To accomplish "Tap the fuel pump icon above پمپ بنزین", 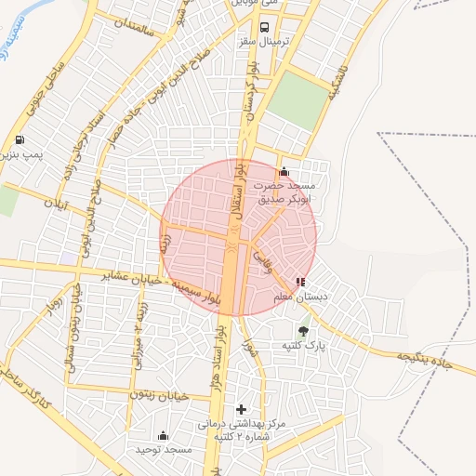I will (20, 140).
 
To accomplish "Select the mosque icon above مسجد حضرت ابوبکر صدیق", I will (284, 172).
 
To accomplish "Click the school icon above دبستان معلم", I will (299, 281).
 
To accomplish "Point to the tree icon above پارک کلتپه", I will (303, 330).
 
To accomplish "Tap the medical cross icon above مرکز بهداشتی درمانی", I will (242, 409).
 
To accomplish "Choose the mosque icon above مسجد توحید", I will (164, 435).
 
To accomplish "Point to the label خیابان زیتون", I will (163, 396).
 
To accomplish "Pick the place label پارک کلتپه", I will (305, 346).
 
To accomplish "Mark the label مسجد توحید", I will (163, 449).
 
